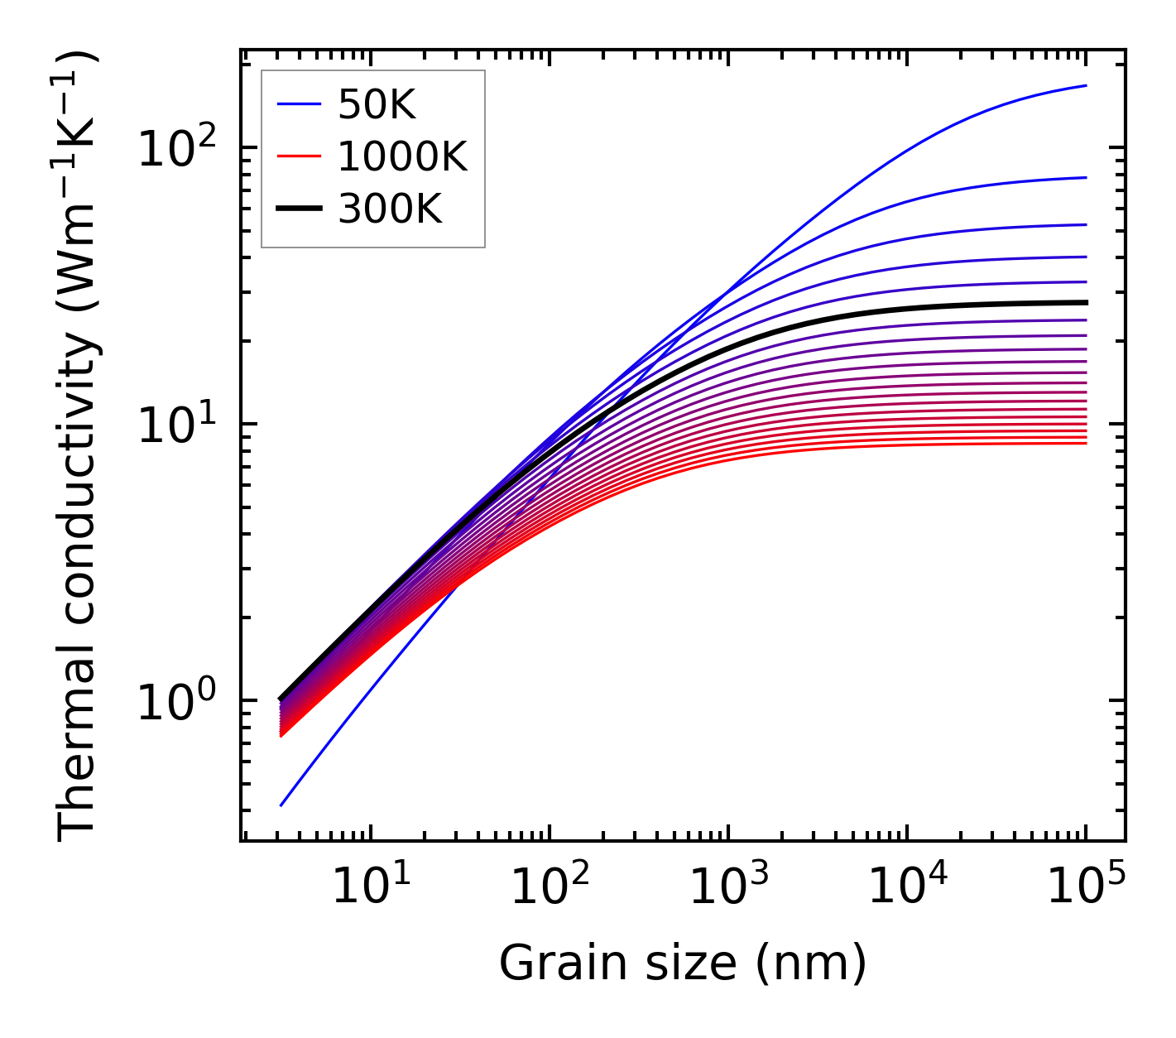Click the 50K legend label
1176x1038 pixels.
tap(377, 104)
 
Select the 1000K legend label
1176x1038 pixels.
tap(403, 156)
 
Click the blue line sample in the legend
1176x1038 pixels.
tap(299, 104)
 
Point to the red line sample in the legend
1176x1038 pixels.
tap(299, 156)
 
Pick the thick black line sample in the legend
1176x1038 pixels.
tap(299, 209)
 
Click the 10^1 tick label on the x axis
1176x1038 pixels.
tap(369, 887)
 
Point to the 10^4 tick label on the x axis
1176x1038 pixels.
tap(906, 887)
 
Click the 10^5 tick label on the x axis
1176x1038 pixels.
tap(1086, 887)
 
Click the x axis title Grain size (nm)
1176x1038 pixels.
tap(683, 964)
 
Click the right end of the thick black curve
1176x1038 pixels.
tap(1086, 302)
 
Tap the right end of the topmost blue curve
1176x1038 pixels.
tap(1086, 85)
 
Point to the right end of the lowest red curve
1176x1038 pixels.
tap(1086, 443)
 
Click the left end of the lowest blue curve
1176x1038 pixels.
tap(281, 805)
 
